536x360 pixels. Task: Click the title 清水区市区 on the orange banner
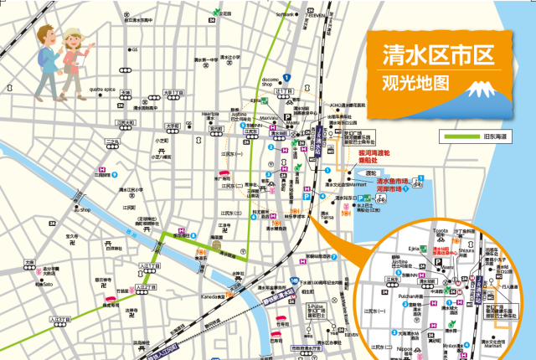pos(433,57)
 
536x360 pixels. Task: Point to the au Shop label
pos(81,209)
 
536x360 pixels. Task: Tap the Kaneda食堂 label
pos(209,296)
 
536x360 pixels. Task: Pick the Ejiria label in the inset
pos(414,248)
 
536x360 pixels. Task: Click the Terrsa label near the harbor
pos(327,216)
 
